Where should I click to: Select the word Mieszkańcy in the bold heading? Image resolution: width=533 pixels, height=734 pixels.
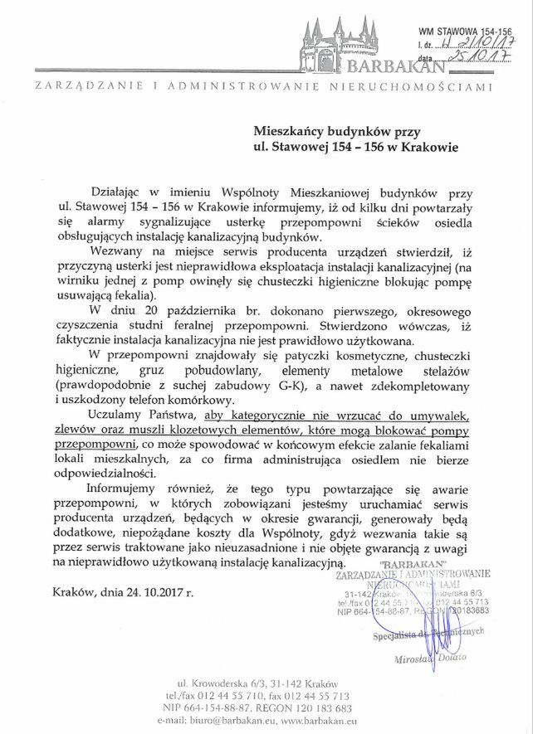pos(291,131)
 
